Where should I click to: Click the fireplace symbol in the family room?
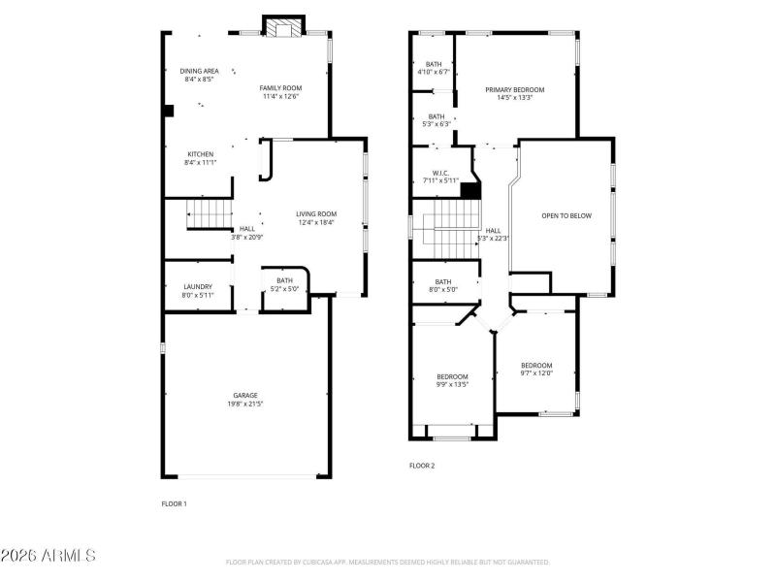[284, 29]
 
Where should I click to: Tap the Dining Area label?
[199, 71]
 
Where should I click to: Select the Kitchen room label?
[200, 154]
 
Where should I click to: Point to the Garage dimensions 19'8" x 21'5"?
[244, 404]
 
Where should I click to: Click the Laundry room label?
[198, 286]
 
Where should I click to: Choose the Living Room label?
[315, 214]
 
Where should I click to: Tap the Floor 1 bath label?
[284, 281]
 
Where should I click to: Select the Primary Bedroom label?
[514, 89]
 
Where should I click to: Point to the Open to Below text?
[566, 215]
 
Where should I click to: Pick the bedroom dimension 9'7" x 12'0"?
[535, 373]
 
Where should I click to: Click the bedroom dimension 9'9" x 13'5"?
[452, 384]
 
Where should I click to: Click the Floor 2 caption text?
[422, 466]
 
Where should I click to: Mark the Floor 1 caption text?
[174, 503]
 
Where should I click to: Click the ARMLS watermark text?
[48, 556]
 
